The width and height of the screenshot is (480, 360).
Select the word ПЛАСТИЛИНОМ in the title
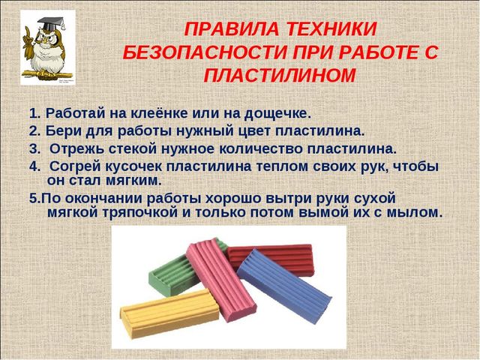(280, 75)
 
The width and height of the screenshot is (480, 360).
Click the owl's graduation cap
(51, 23)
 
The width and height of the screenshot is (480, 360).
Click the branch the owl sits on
(46, 73)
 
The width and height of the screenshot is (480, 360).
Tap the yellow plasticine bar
(169, 313)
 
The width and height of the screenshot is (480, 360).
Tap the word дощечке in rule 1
(277, 114)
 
